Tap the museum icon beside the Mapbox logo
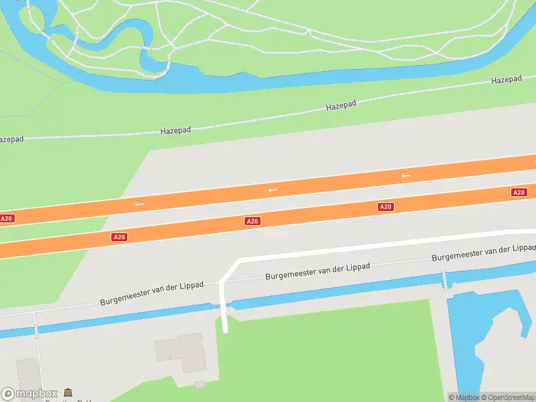pyautogui.click(x=68, y=393)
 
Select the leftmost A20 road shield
pyautogui.click(x=7, y=218)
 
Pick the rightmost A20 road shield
pyautogui.click(x=519, y=192)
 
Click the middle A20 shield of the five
pyautogui.click(x=252, y=221)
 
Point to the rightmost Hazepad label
pyautogui.click(x=507, y=80)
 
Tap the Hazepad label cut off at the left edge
pyautogui.click(x=11, y=139)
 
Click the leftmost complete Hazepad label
pyautogui.click(x=176, y=131)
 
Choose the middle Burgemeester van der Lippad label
pyautogui.click(x=318, y=271)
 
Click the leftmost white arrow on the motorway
pyautogui.click(x=139, y=204)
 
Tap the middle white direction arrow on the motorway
pyautogui.click(x=272, y=190)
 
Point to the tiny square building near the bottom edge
pyautogui.click(x=200, y=385)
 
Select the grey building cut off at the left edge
pyautogui.click(x=27, y=379)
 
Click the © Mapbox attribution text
pyautogui.click(x=463, y=397)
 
